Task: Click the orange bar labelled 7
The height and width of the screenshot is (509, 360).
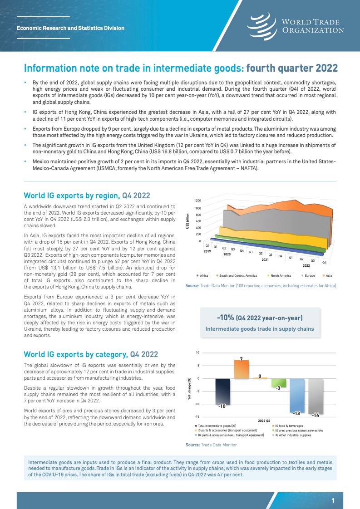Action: [241, 370]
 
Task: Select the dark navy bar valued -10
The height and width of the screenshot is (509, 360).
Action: [222, 392]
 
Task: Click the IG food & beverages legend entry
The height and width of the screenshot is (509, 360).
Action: [290, 425]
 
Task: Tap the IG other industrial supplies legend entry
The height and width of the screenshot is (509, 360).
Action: [296, 435]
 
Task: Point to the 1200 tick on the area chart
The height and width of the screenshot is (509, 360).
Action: [197, 200]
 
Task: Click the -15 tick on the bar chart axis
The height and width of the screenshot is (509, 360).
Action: [197, 416]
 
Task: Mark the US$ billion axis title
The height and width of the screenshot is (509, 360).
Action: [188, 221]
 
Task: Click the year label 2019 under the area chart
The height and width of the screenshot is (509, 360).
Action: [207, 251]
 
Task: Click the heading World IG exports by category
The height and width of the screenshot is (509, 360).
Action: [91, 354]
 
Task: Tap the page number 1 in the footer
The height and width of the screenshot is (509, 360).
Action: [333, 501]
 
